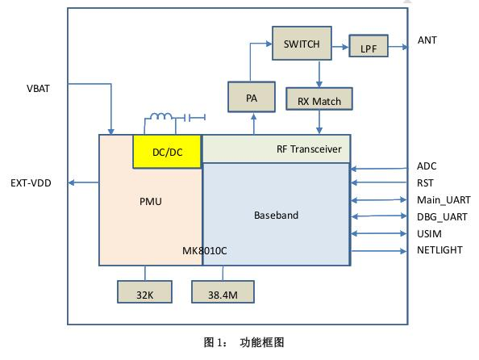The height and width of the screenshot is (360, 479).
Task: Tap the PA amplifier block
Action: (x=251, y=97)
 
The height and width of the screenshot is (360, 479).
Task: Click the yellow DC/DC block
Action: (x=167, y=152)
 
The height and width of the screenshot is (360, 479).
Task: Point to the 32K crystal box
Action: (x=145, y=295)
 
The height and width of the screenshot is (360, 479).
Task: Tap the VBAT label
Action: (x=38, y=88)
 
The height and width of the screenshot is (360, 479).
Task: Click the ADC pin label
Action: (x=427, y=166)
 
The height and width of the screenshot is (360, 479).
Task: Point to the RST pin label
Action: (x=426, y=183)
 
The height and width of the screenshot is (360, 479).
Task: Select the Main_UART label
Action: (x=444, y=199)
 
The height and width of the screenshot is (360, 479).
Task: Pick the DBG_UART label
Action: (x=443, y=216)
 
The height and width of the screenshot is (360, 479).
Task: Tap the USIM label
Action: (x=429, y=233)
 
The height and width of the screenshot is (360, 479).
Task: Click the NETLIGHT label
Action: (x=439, y=250)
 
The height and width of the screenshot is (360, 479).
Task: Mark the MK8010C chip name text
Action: (x=205, y=251)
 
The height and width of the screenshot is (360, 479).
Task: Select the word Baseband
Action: (x=276, y=216)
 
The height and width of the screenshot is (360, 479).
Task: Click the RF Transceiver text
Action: (x=309, y=149)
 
